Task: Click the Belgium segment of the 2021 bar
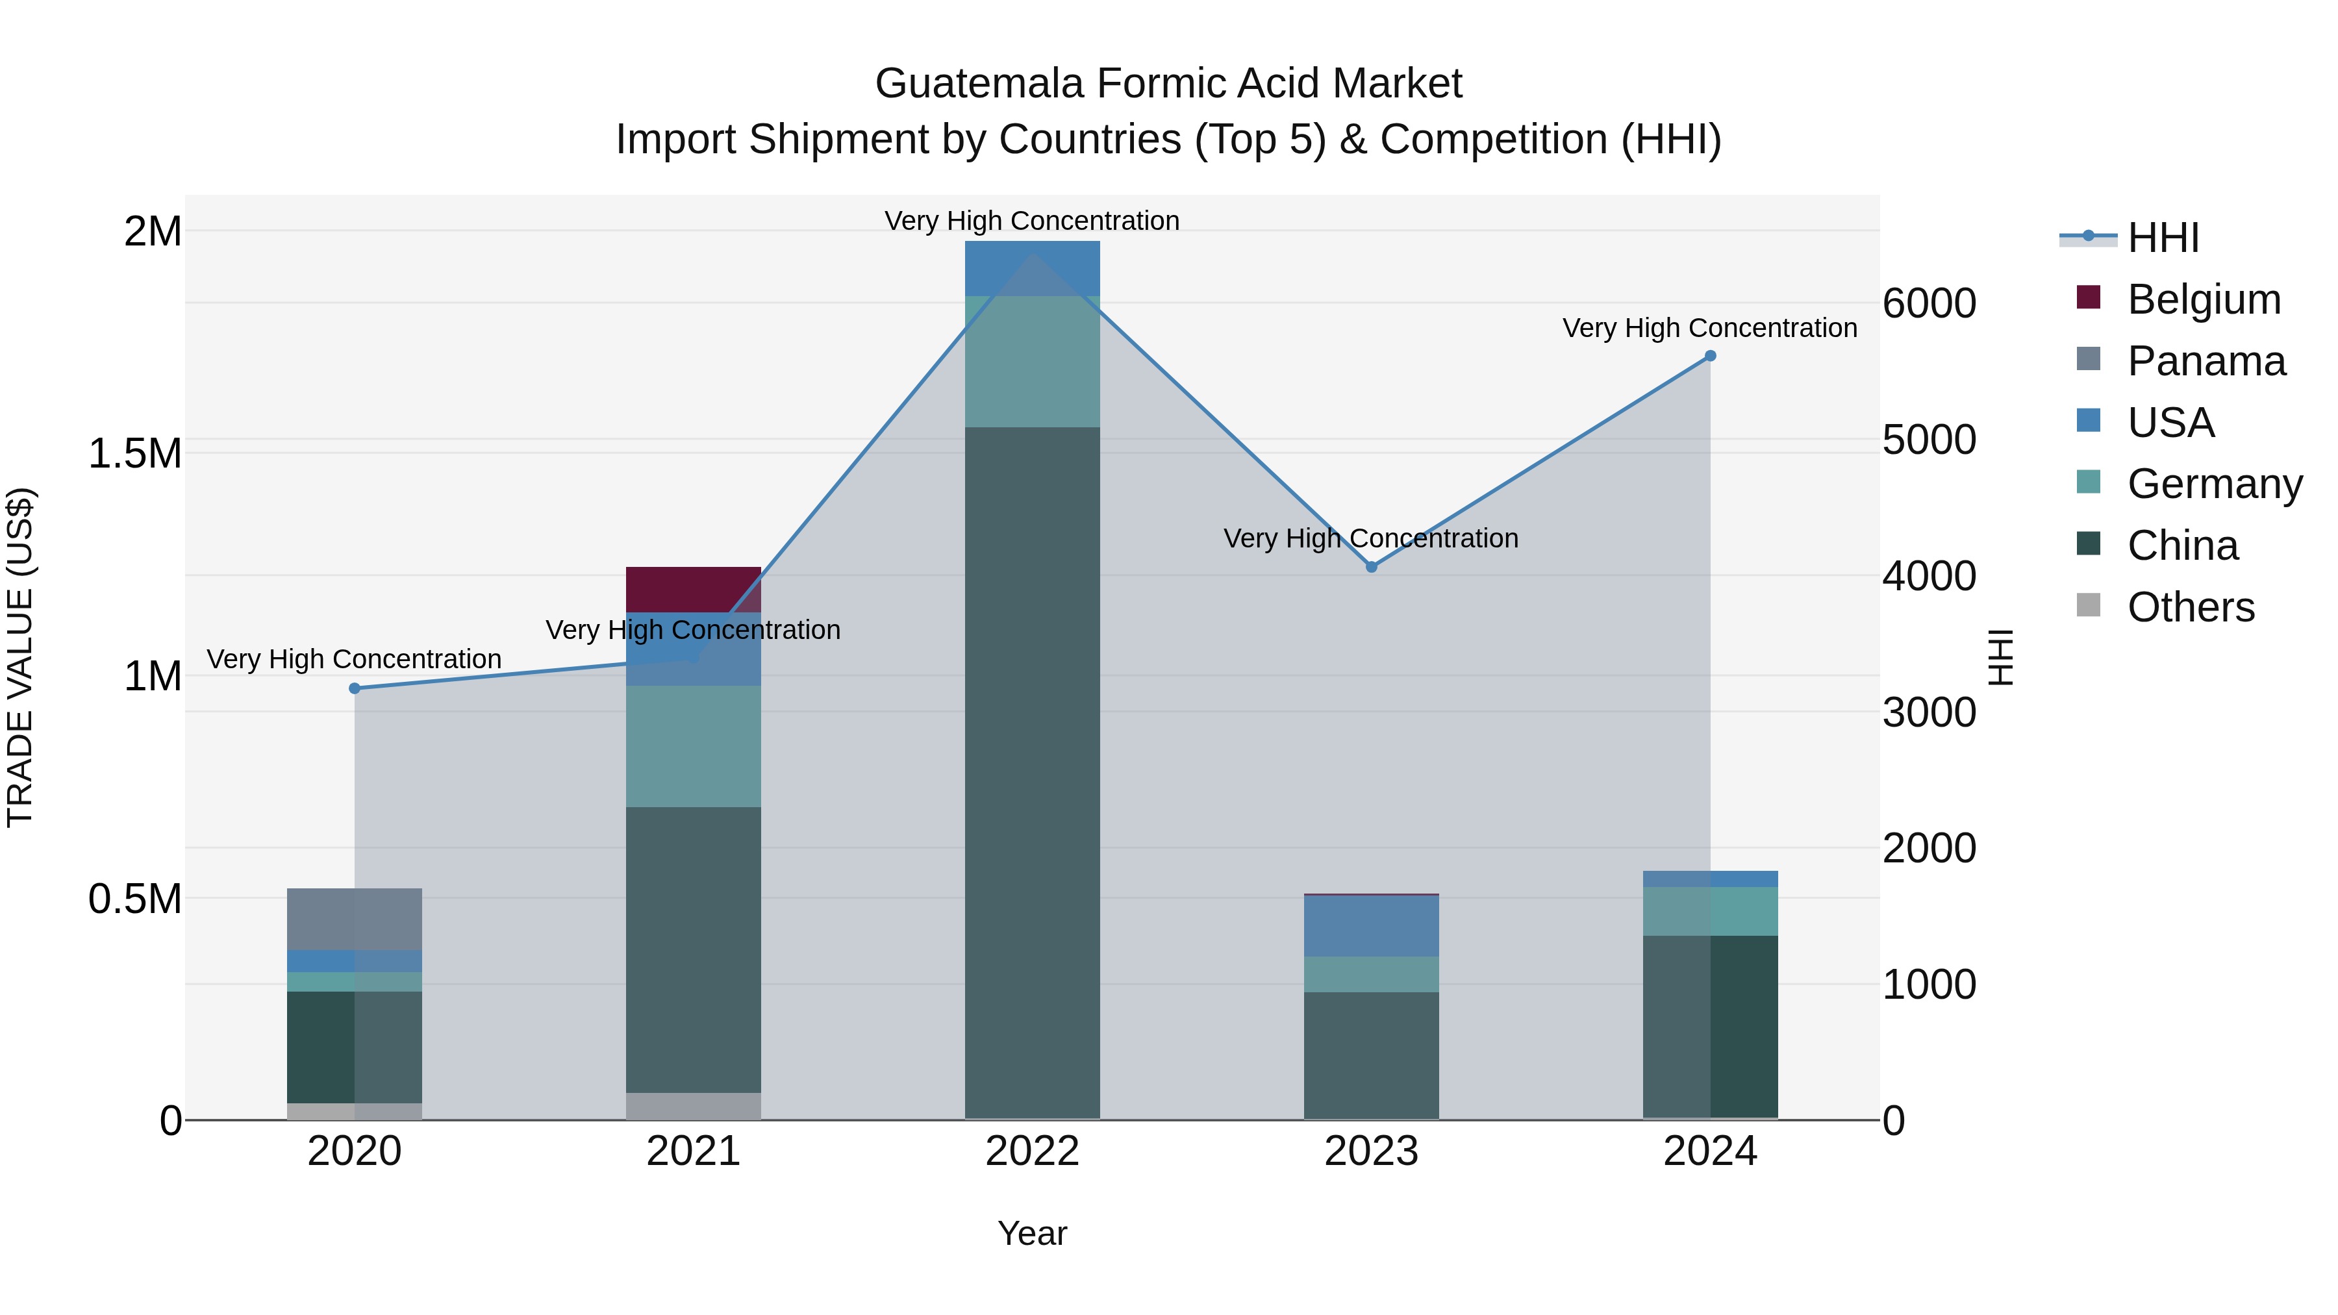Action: point(694,589)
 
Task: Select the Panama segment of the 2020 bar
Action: point(354,918)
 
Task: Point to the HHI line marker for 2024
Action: point(1710,356)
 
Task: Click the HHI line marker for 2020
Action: point(355,688)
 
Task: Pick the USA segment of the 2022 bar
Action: point(1032,269)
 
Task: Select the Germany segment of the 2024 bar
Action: point(1710,910)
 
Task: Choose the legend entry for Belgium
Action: point(2203,299)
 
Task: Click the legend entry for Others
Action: point(2190,607)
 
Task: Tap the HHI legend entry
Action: point(2162,238)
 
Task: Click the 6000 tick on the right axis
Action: point(1929,303)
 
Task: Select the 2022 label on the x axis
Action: point(1032,1151)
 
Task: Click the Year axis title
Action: point(1032,1233)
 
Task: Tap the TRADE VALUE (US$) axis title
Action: point(20,657)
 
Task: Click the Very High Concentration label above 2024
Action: point(1709,328)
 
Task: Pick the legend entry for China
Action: point(2182,545)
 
